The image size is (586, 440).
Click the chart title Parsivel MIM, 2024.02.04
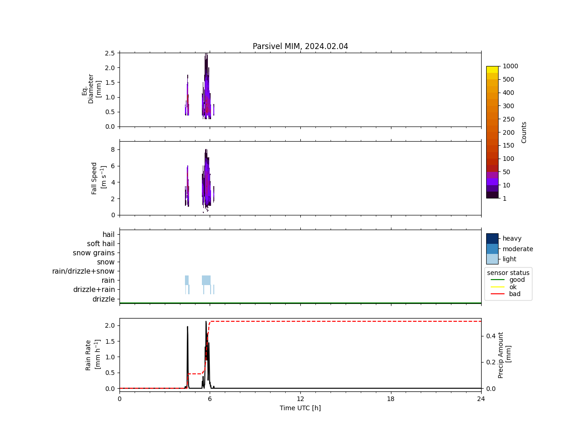300,46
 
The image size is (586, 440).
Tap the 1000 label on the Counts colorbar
510,66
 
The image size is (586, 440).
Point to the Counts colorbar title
524,132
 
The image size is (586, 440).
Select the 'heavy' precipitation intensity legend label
512,238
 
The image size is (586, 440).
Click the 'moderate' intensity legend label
518,249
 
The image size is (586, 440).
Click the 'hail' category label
109,235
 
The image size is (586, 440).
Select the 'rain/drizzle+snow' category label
83,271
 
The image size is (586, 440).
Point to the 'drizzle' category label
103,299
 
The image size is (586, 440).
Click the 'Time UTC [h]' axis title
300,408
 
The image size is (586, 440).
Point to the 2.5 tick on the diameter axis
109,53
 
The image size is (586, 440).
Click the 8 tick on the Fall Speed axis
112,150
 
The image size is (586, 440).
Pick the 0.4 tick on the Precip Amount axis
491,336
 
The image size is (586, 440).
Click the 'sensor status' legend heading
508,273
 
